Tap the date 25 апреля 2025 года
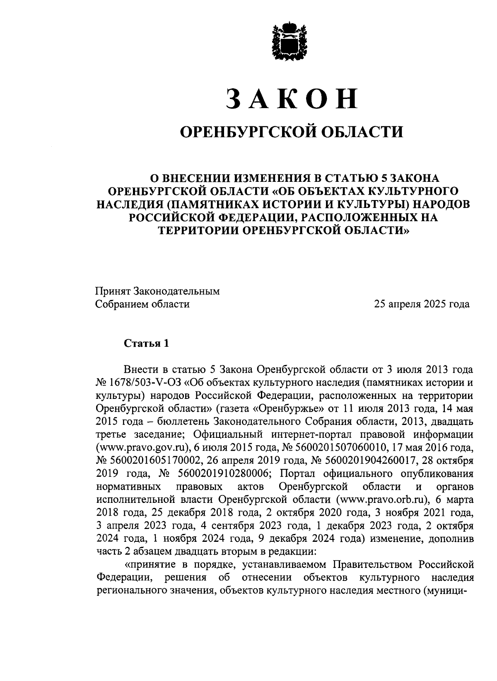click(422, 304)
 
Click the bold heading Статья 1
click(146, 344)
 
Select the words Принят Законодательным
click(157, 292)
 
